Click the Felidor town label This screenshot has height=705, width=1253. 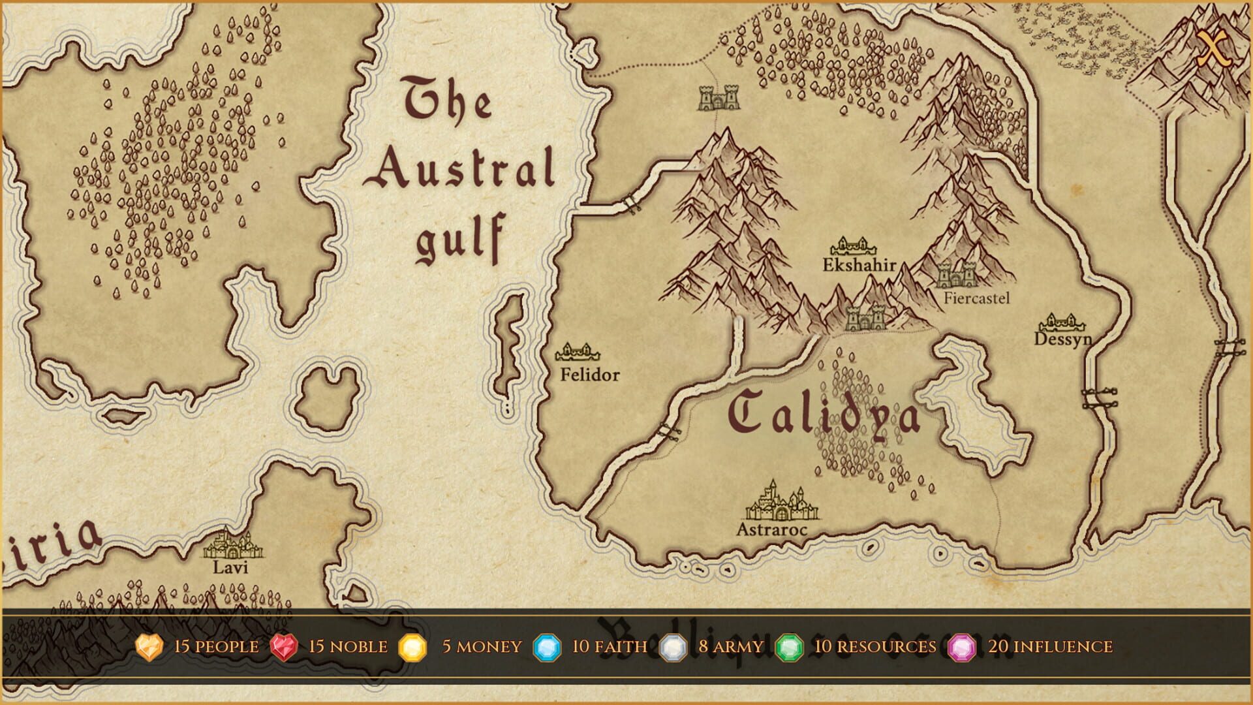click(x=590, y=375)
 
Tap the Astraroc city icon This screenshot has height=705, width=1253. click(x=781, y=501)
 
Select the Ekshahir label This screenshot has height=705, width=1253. click(x=859, y=265)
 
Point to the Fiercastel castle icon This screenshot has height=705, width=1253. click(x=957, y=274)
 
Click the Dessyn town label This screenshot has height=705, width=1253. click(x=1062, y=339)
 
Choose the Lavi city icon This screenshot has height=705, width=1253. click(x=232, y=544)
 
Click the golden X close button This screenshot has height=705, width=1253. click(x=1214, y=49)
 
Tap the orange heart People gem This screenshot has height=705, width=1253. click(x=149, y=647)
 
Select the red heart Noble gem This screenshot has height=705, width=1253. click(x=284, y=647)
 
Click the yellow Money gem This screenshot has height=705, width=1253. click(x=412, y=648)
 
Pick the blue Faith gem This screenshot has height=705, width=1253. click(x=547, y=648)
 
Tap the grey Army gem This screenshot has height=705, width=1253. click(x=673, y=648)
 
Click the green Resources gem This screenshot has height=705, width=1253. click(x=790, y=648)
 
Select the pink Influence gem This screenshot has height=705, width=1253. click(x=962, y=648)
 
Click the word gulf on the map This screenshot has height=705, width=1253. click(x=461, y=238)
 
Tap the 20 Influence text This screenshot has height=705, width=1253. click(x=1050, y=646)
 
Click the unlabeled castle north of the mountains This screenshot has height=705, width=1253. click(x=719, y=99)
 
